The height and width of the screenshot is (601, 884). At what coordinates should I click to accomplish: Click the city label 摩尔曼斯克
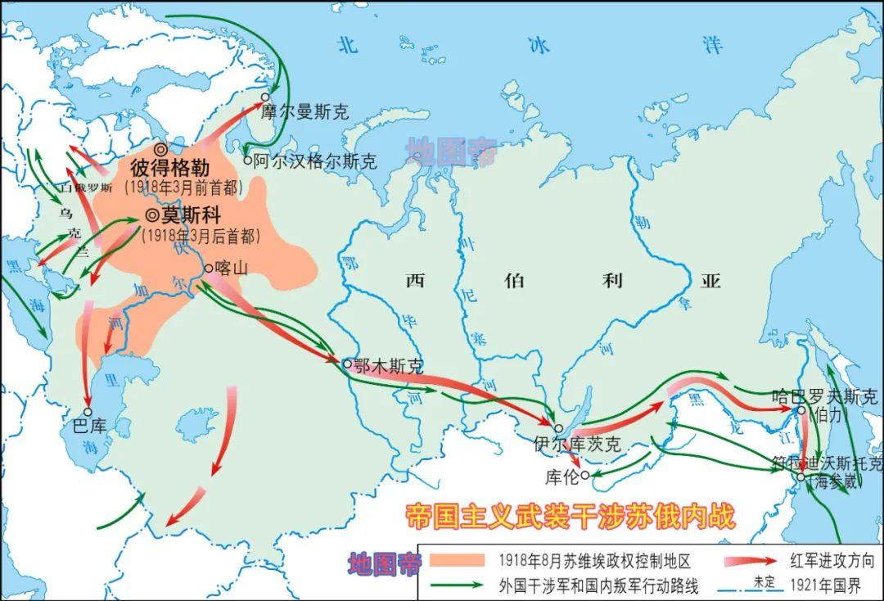305,112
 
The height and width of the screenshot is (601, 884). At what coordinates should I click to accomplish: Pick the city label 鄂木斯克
389,365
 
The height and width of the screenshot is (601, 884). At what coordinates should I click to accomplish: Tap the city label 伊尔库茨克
577,445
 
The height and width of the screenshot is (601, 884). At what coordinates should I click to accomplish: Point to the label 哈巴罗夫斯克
824,396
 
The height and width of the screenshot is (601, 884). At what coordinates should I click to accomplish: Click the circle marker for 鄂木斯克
347,363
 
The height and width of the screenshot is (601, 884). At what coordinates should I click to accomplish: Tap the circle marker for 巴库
88,412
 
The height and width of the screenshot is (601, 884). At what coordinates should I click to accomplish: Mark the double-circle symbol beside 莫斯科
151,215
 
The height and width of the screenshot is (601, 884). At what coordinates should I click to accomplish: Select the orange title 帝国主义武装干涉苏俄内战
571,516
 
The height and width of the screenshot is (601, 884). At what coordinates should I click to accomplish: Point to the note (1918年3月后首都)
201,237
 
